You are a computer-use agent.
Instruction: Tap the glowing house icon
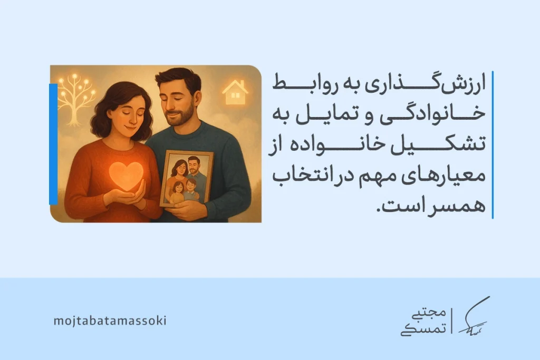[x=235, y=92]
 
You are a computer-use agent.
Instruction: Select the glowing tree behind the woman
[x=76, y=94]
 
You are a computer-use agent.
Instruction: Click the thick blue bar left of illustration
[x=53, y=143]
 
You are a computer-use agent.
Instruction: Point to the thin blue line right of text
[x=493, y=144]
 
